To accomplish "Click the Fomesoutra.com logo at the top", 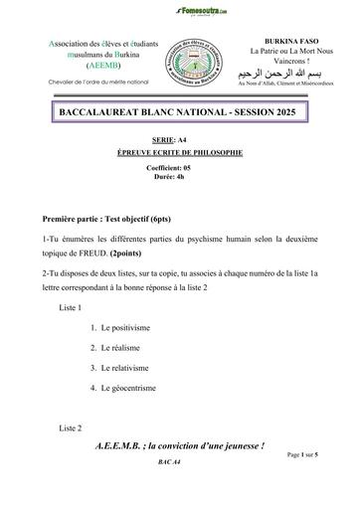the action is coord(180,9).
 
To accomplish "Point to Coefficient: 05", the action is coord(179,169).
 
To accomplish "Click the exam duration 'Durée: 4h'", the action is coord(180,179).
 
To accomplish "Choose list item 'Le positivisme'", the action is coord(123,328).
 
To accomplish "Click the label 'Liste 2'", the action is coord(70,427).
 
